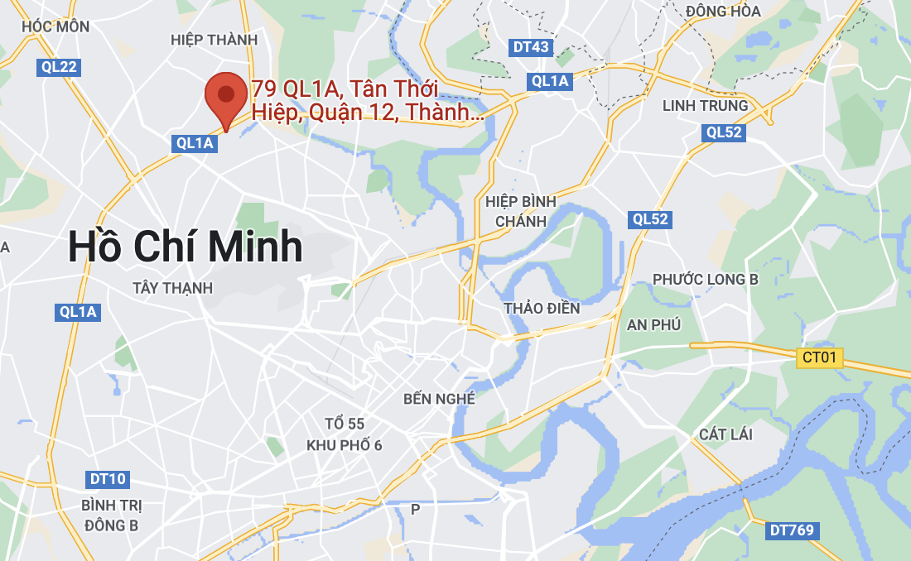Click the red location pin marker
pos(225,98)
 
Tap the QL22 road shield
pos(59,67)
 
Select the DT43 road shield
pos(531,47)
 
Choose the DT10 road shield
pos(108,479)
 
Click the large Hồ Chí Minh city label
pos(186,247)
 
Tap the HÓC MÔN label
pos(55,26)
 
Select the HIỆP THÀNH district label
pos(208,40)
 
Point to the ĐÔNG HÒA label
pos(723,11)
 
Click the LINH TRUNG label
pos(705,105)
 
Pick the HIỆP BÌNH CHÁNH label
pos(521,212)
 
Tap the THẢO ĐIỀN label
pos(542,308)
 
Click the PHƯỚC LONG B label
pos(705,279)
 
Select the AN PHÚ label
pos(653,324)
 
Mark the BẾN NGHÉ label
pos(439,399)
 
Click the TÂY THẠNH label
pos(172,288)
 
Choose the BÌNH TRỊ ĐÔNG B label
pos(111,515)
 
